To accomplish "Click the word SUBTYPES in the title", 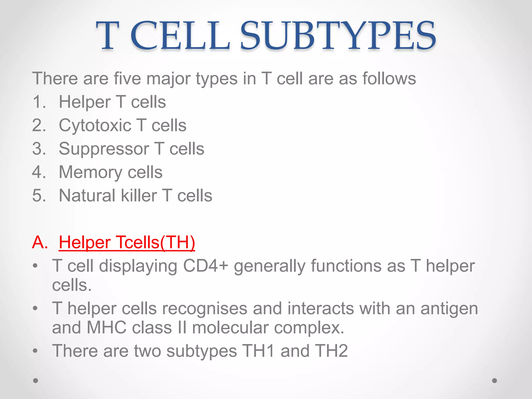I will pyautogui.click(x=338, y=36).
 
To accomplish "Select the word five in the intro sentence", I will pyautogui.click(x=127, y=78).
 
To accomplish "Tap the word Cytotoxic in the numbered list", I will pyautogui.click(x=95, y=125).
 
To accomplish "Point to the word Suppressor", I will pyautogui.click(x=104, y=149).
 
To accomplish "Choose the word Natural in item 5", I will pyautogui.click(x=87, y=195).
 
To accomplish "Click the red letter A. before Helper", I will pyautogui.click(x=40, y=242).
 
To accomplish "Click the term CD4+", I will pyautogui.click(x=205, y=266).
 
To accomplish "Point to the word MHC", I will pyautogui.click(x=107, y=328).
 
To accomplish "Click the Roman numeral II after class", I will pyautogui.click(x=182, y=328).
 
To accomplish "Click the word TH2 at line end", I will pyautogui.click(x=331, y=351).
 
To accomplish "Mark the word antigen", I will pyautogui.click(x=449, y=309).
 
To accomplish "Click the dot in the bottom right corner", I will pyautogui.click(x=495, y=381).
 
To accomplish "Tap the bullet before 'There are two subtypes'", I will pyautogui.click(x=35, y=351).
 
